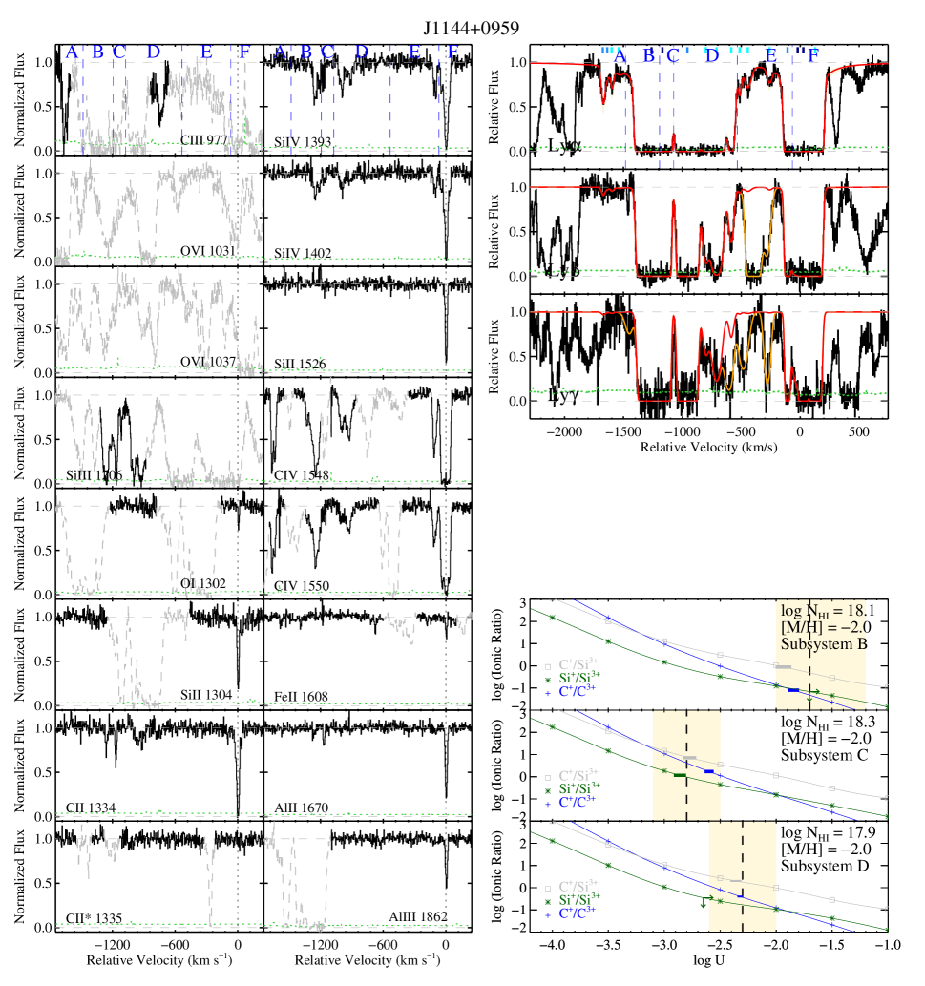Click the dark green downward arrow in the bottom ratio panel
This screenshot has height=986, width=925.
pyautogui.click(x=704, y=902)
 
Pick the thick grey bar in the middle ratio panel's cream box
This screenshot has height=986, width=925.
pyautogui.click(x=690, y=758)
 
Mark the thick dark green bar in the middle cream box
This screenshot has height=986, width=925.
pyautogui.click(x=680, y=776)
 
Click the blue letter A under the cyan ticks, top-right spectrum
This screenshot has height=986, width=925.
pyautogui.click(x=620, y=57)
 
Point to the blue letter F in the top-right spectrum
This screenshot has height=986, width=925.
pyautogui.click(x=812, y=55)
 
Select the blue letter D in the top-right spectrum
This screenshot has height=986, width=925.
pyautogui.click(x=710, y=55)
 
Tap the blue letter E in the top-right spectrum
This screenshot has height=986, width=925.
pyautogui.click(x=770, y=55)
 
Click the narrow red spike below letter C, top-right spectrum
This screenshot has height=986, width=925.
pyautogui.click(x=673, y=134)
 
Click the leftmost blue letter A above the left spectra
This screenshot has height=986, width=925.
pyautogui.click(x=72, y=52)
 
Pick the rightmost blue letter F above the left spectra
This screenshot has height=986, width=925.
pyautogui.click(x=452, y=52)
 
